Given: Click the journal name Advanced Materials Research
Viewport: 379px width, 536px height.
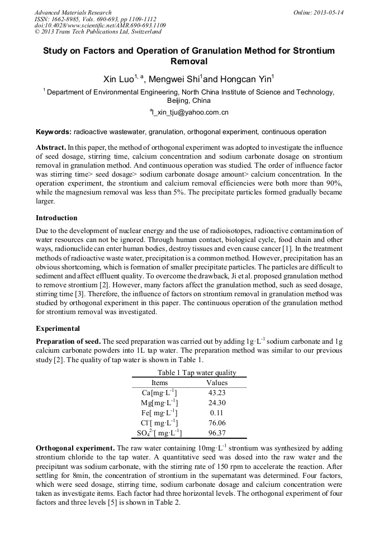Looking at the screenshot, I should coord(73,12).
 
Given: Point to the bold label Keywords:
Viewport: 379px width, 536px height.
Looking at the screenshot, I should coord(53,132).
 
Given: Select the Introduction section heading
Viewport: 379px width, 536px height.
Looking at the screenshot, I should coord(56,217).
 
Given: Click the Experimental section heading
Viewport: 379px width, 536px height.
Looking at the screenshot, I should coord(58,328).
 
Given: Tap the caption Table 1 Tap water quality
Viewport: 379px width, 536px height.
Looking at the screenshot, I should coord(189,373).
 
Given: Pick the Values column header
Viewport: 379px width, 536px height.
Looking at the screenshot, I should coord(217,383).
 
